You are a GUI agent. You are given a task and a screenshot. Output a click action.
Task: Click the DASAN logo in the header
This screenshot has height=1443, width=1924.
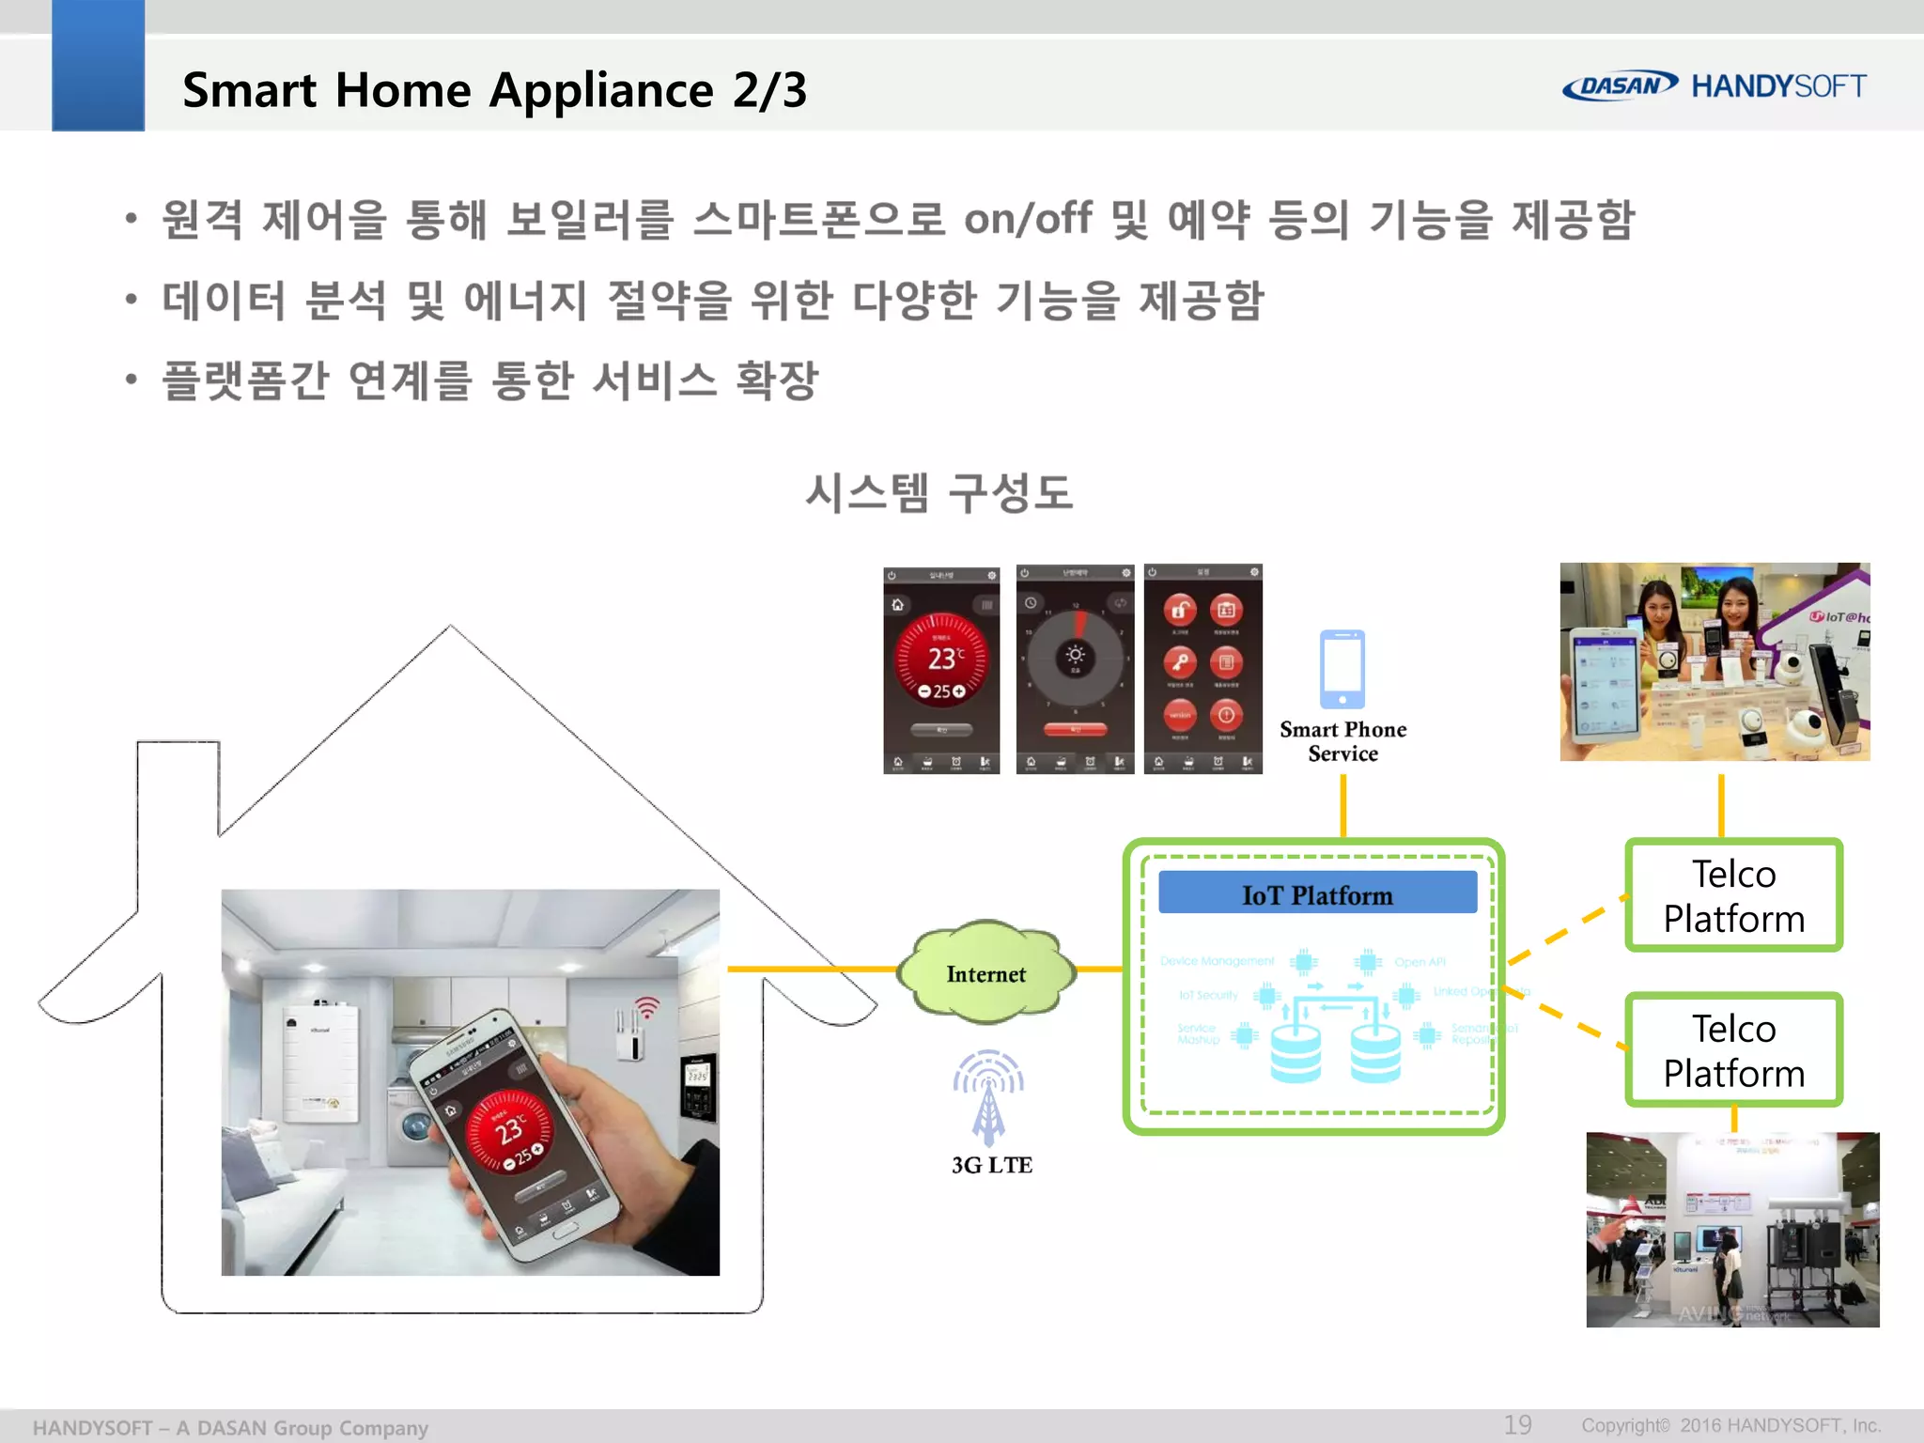[x=1619, y=85]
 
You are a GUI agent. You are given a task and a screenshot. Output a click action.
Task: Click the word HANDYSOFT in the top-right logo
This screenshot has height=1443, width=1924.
[x=1778, y=86]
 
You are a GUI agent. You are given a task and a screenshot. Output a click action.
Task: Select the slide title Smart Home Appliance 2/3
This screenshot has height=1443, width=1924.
[x=494, y=91]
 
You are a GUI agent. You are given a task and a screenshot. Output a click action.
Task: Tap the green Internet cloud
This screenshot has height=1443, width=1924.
[x=985, y=973]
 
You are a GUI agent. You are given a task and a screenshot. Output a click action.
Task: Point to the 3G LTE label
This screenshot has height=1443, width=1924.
[x=991, y=1165]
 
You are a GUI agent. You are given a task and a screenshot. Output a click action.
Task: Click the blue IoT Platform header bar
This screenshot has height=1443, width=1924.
[x=1317, y=893]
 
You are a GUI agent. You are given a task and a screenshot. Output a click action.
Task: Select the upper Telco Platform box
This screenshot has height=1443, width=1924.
[x=1733, y=896]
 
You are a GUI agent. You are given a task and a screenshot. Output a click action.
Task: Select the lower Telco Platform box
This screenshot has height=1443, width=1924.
[x=1733, y=1050]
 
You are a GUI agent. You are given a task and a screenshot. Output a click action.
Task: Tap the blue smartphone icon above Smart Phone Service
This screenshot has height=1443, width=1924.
[x=1342, y=669]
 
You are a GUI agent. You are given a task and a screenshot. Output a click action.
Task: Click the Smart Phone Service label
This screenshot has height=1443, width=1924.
[x=1342, y=741]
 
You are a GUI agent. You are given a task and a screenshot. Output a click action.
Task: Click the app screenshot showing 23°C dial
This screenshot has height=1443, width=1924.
[x=941, y=670]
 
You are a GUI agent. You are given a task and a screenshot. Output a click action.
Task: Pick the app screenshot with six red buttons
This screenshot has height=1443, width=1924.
[x=1202, y=669]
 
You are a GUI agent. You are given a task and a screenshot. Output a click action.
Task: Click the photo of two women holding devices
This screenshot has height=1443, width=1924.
[x=1715, y=661]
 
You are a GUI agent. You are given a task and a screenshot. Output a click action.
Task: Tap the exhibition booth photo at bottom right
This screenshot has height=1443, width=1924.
[x=1732, y=1229]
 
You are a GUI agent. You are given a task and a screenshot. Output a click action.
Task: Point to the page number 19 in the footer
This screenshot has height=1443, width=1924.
[x=1517, y=1424]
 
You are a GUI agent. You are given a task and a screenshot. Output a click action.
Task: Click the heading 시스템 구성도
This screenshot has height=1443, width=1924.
[x=939, y=493]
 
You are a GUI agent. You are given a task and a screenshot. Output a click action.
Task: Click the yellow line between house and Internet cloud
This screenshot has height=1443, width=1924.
[x=813, y=969]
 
